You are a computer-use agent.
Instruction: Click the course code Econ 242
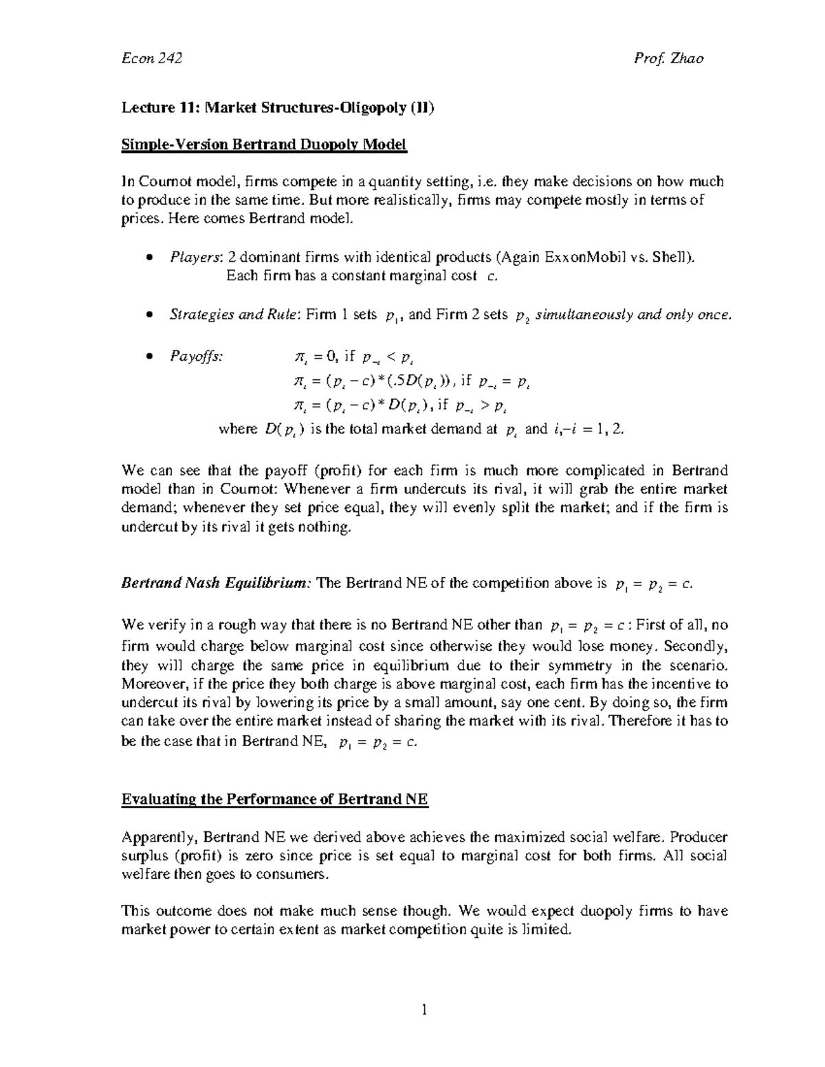click(151, 58)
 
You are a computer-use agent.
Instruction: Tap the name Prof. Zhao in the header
click(668, 58)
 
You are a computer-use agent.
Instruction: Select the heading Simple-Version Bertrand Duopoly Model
click(264, 145)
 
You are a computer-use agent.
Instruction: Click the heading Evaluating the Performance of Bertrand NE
click(274, 799)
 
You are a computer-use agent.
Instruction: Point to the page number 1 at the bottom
click(424, 1009)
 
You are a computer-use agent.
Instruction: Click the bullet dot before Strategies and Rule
click(149, 315)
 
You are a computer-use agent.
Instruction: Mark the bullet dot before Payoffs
click(149, 357)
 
